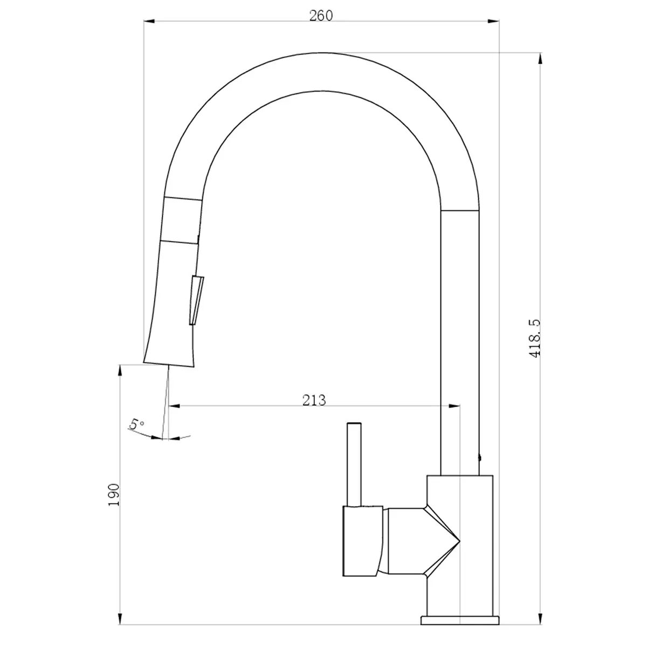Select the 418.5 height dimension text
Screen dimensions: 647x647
(x=535, y=338)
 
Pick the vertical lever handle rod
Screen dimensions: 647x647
(x=354, y=464)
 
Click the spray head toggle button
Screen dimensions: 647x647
(x=197, y=300)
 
